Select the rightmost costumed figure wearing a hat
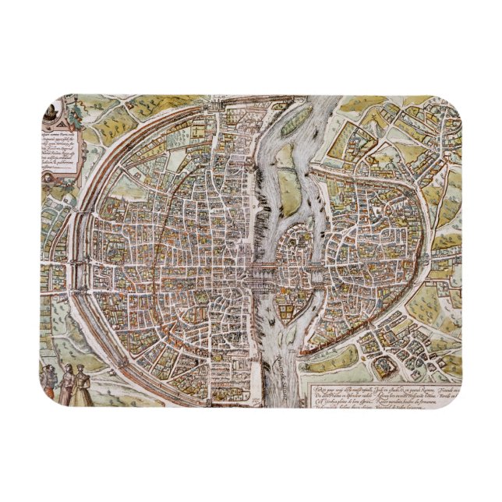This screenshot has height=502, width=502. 85,381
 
